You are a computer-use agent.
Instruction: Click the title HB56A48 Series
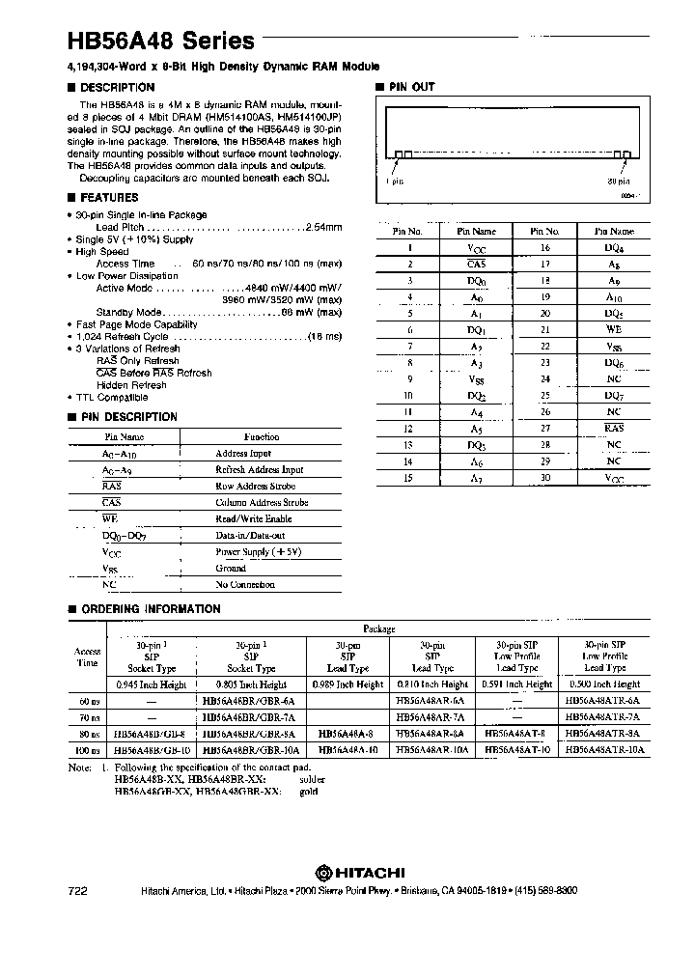161,41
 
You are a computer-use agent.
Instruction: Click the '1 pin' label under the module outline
394,181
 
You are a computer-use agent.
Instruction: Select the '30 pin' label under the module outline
618,181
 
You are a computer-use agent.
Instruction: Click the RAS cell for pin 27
613,429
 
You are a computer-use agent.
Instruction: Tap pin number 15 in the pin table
408,478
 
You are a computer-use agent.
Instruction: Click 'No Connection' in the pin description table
246,585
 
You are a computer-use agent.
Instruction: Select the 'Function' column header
262,436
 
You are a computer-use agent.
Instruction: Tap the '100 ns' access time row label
87,749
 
